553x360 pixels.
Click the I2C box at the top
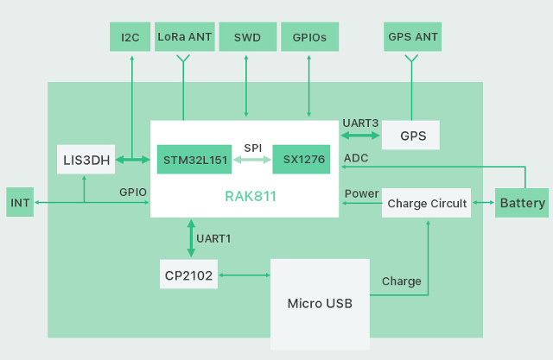coord(130,37)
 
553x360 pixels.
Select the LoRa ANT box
coord(184,37)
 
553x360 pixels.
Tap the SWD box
coord(246,37)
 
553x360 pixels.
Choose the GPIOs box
coord(309,37)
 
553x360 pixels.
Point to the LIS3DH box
coord(85,160)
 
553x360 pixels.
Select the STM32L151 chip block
coord(194,160)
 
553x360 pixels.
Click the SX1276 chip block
coord(302,160)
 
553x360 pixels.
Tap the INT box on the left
coord(21,203)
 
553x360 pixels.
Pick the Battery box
coord(522,203)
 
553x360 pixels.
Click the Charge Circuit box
coord(427,203)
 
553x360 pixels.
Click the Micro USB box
coord(320,303)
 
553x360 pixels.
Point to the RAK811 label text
coord(250,197)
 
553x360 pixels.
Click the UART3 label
coord(360,123)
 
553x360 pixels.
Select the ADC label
coord(356,158)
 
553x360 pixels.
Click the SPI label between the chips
coord(252,148)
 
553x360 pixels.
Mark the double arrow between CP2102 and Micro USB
coord(245,275)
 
